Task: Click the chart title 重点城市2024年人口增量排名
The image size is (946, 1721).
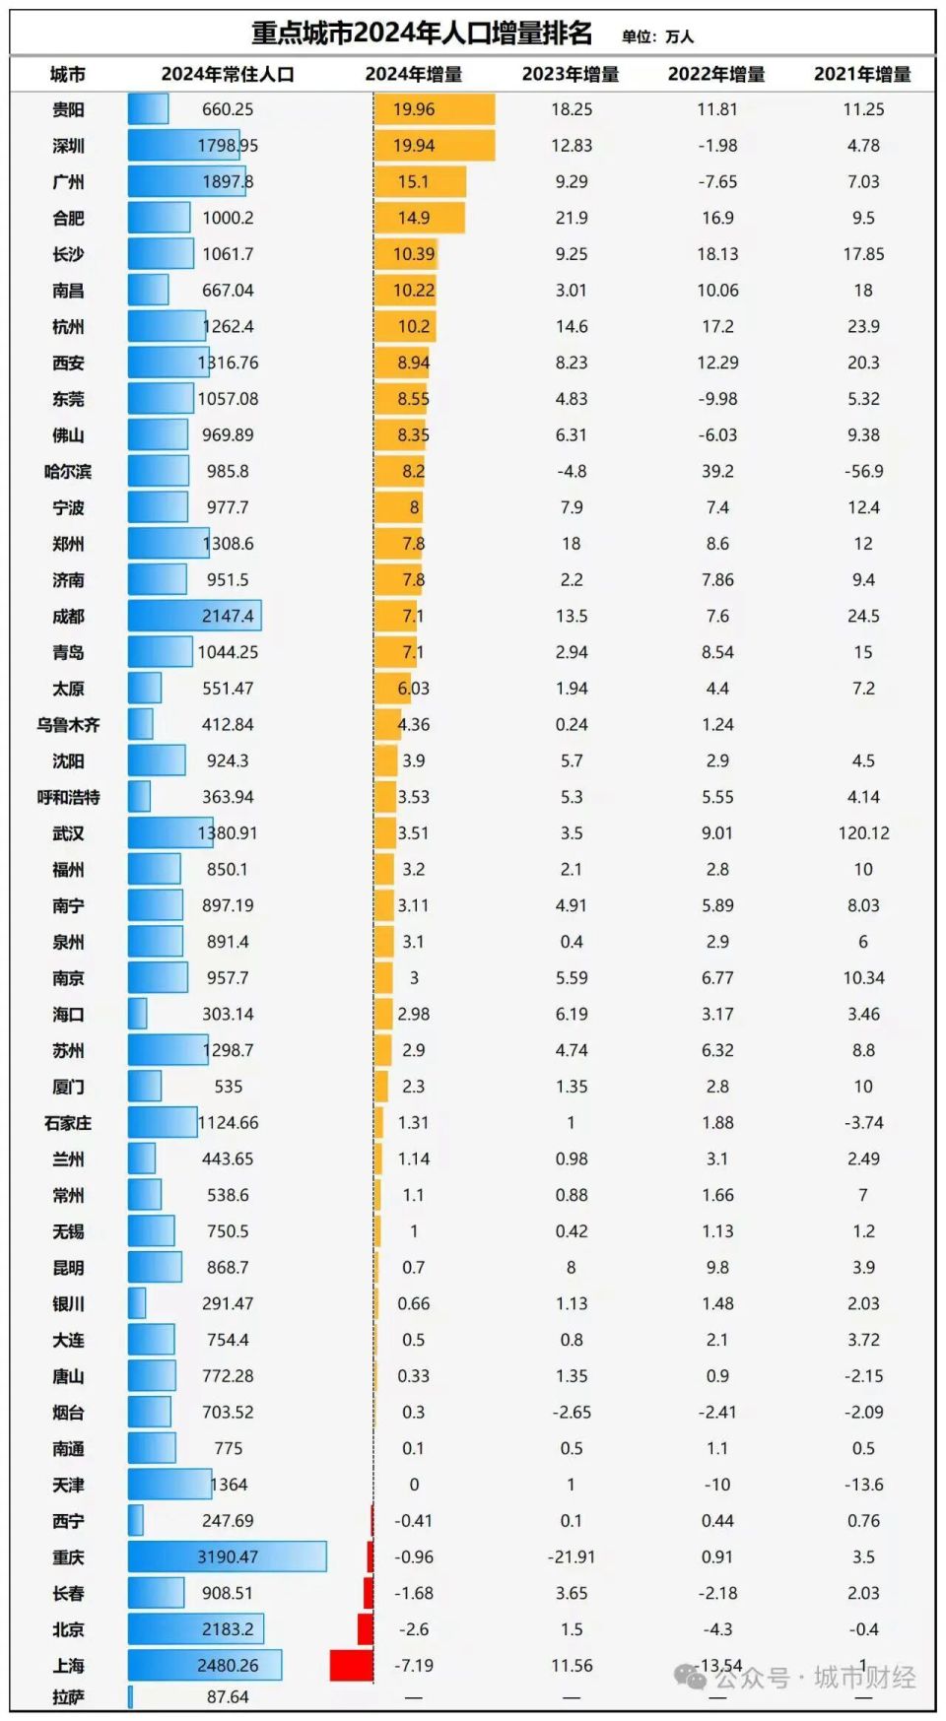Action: click(422, 33)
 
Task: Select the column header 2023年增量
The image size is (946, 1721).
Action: click(571, 75)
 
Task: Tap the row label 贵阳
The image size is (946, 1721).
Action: click(68, 109)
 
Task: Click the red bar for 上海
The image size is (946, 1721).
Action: click(351, 1665)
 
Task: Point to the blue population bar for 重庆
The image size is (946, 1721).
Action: click(227, 1556)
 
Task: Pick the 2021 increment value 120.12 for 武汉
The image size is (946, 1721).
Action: click(863, 833)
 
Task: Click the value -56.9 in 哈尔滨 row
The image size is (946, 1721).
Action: click(863, 471)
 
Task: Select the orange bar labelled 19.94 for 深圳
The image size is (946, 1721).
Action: click(434, 146)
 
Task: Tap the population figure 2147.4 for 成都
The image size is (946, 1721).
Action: click(228, 616)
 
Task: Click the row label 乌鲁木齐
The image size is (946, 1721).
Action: click(68, 725)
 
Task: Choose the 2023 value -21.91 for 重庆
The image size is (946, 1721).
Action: click(571, 1557)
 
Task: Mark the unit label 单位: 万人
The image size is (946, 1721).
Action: click(657, 36)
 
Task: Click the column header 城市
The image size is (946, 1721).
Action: click(68, 75)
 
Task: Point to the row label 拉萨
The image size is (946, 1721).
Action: click(68, 1697)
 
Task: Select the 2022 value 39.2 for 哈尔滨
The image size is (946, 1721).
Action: click(717, 471)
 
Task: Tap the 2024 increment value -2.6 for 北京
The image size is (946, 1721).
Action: click(413, 1629)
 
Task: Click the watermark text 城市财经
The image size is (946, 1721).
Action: click(864, 1678)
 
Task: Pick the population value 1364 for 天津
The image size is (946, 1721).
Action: click(229, 1485)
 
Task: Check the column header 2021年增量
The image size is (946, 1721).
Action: click(862, 75)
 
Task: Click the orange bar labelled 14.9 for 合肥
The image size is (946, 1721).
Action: click(419, 218)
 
